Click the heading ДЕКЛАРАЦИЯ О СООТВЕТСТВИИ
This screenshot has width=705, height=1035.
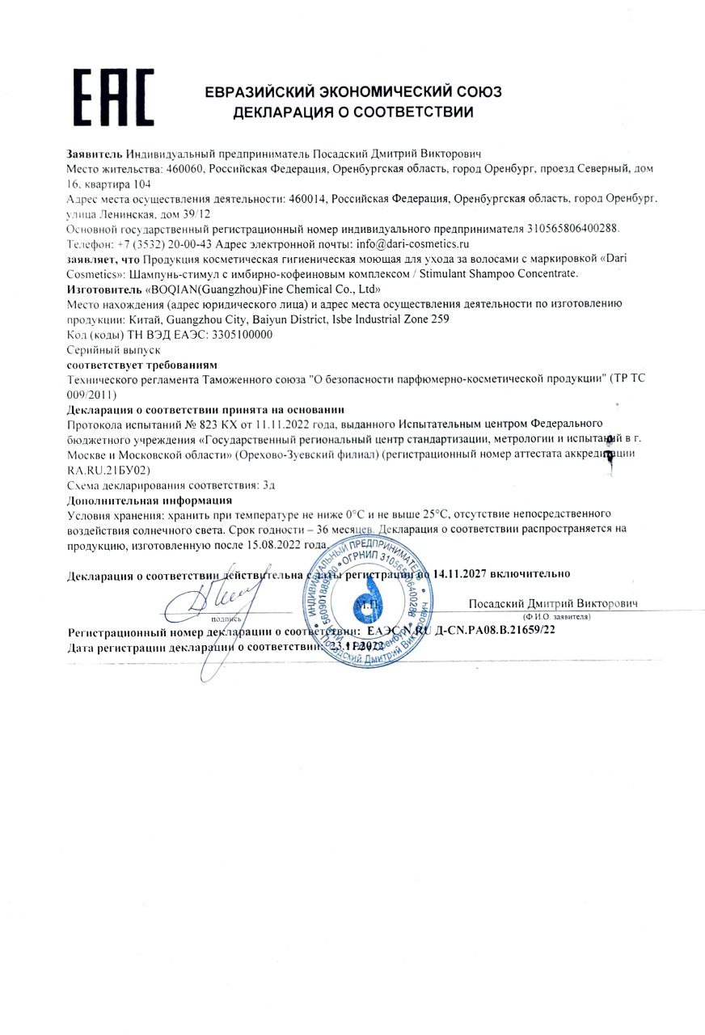353,112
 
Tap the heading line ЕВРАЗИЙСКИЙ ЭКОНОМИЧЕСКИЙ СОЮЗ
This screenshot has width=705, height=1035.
353,91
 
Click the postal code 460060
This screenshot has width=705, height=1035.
187,170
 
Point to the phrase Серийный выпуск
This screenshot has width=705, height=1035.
113,350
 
